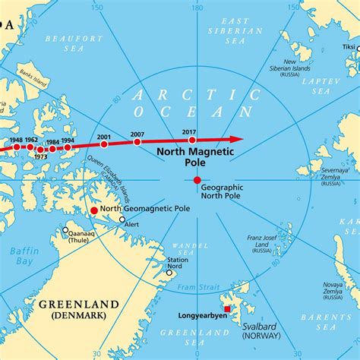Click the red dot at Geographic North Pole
197,180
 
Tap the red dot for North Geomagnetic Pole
94,210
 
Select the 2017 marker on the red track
192,140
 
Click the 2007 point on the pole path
137,142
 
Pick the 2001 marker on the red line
104,144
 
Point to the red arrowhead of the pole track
237,139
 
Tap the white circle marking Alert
122,219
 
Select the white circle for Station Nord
169,272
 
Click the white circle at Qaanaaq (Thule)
65,230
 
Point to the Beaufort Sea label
73,42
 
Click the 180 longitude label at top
197,7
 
